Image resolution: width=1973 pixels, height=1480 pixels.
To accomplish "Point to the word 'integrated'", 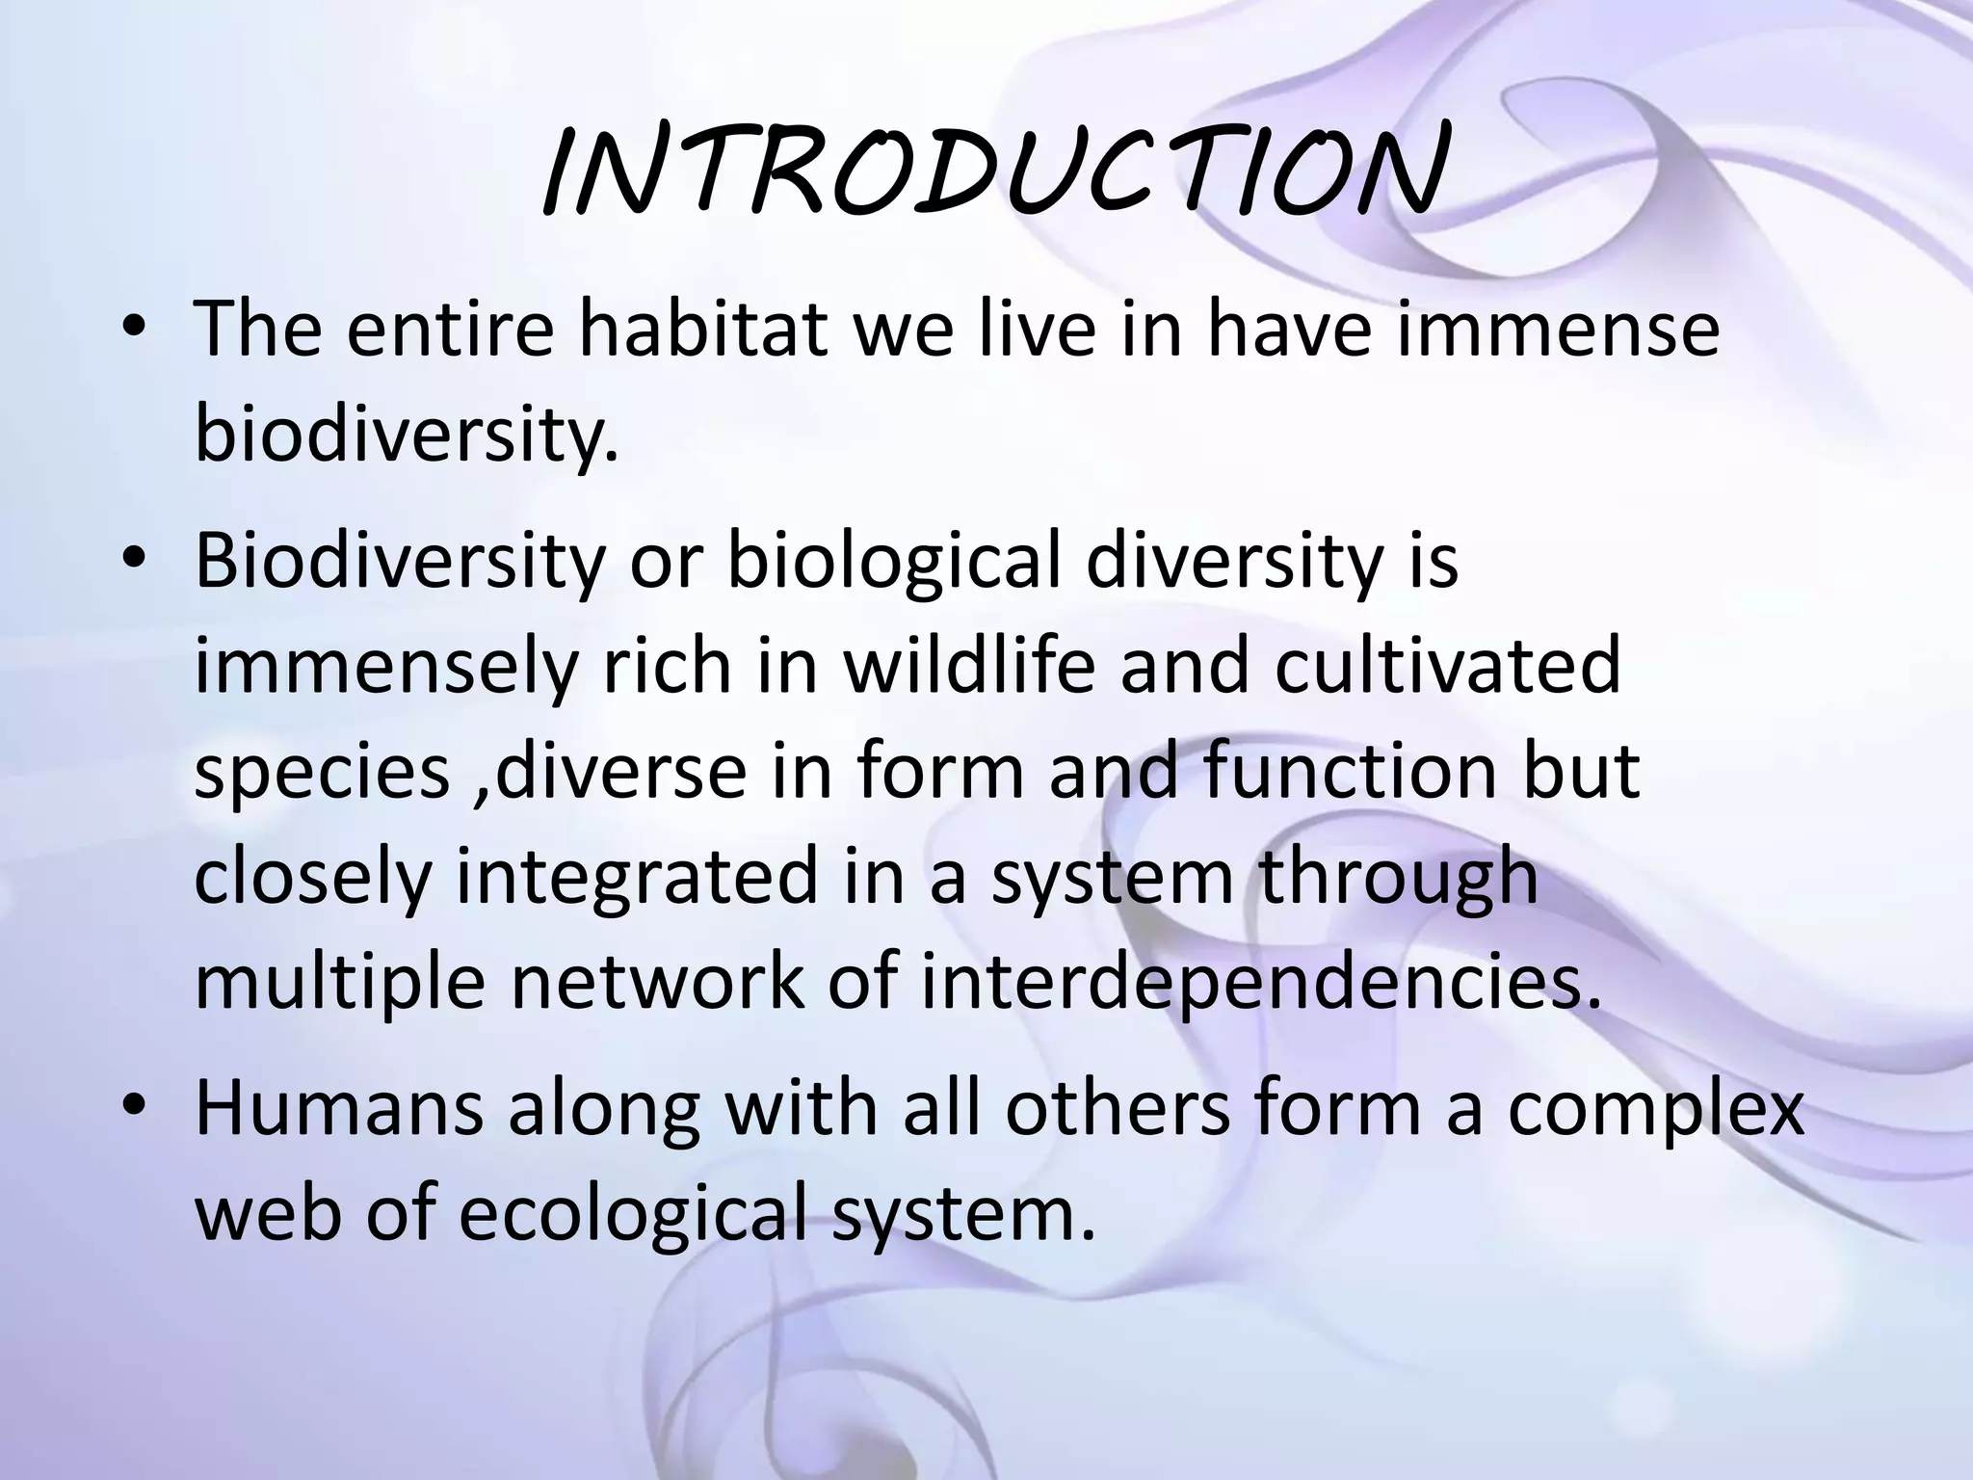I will click(636, 879).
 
